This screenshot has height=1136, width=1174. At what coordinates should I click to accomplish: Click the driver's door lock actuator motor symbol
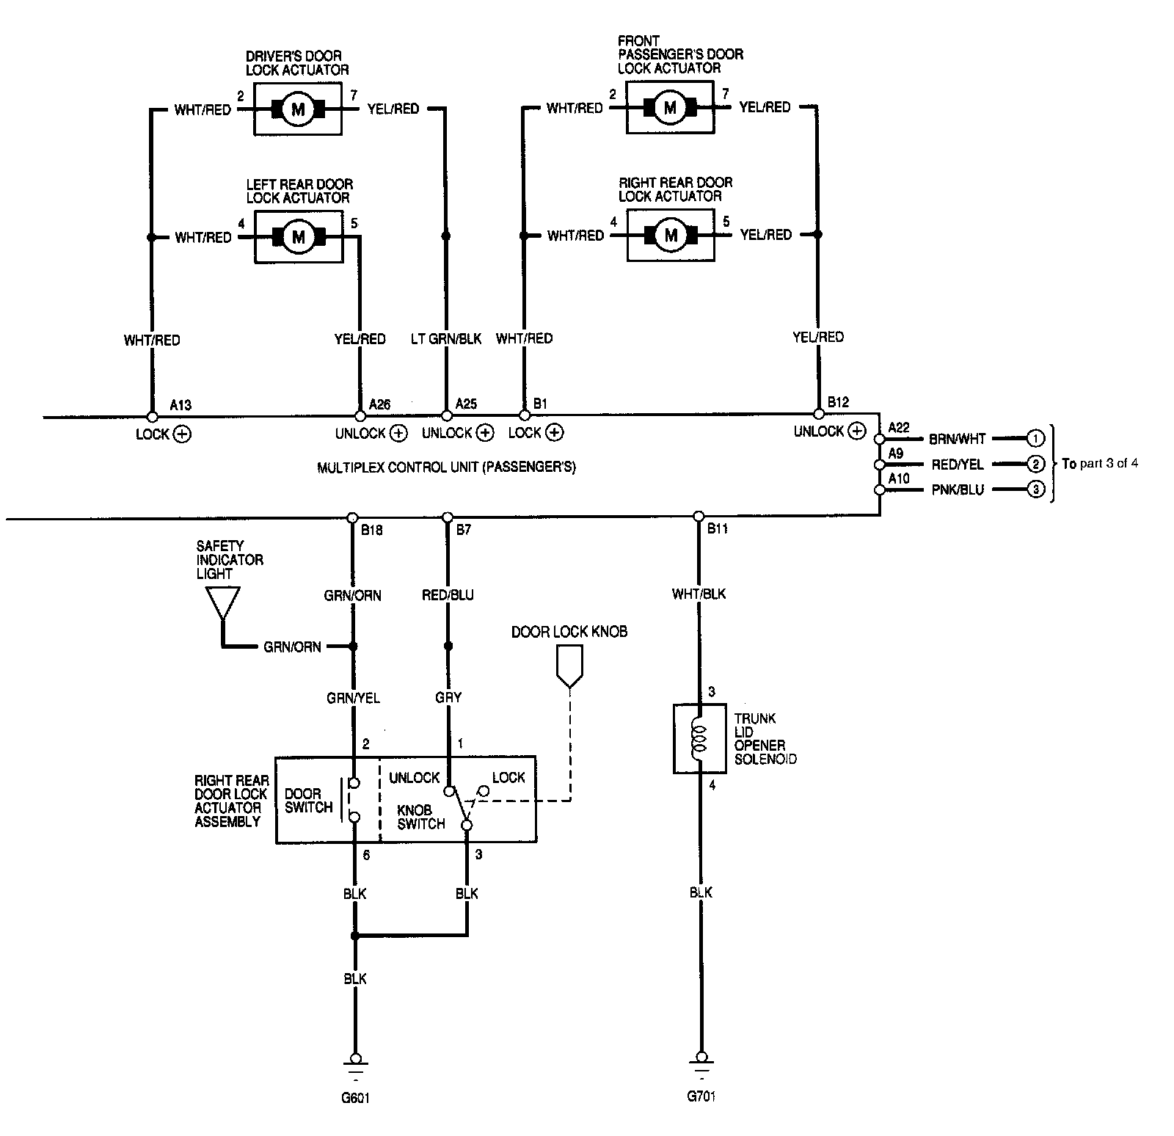298,109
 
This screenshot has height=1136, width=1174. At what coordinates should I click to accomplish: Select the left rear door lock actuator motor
298,237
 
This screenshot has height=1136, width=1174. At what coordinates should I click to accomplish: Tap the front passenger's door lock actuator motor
670,108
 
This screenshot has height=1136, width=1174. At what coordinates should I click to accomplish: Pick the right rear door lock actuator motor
671,236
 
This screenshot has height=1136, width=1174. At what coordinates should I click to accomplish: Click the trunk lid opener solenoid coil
699,739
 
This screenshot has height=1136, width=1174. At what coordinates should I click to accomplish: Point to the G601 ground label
355,1099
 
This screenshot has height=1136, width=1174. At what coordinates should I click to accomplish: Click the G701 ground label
701,1096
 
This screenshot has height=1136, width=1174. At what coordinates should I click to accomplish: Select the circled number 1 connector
1035,439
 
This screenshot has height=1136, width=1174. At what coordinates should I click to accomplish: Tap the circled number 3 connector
1035,489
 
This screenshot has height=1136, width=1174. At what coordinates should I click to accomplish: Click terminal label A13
181,405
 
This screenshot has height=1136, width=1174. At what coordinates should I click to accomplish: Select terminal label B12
838,402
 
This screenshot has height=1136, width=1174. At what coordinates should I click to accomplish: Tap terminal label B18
372,530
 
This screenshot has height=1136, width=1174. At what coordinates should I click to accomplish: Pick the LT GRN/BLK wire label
446,338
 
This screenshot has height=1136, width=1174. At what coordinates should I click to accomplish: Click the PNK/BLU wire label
958,489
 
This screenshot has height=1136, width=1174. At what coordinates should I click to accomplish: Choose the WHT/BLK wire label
699,594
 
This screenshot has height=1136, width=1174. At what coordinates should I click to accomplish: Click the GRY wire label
448,697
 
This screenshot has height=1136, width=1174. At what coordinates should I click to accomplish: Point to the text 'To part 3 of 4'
1100,464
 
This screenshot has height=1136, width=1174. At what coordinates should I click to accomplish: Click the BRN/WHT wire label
958,439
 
